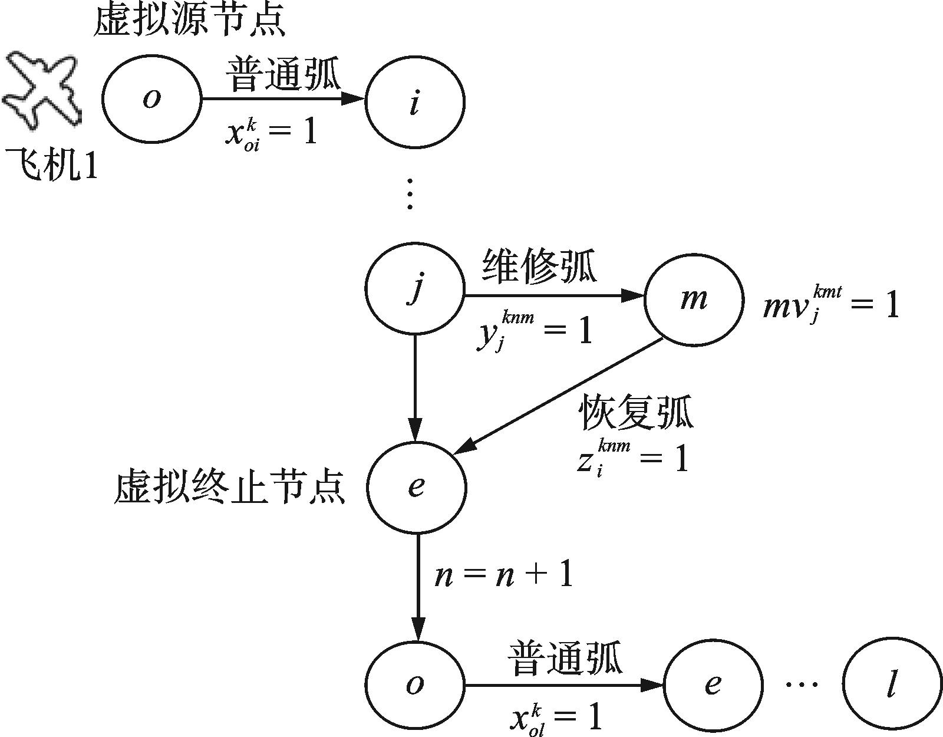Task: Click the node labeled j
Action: pos(415,288)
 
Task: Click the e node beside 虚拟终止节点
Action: pos(416,486)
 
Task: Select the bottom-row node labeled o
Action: pos(415,684)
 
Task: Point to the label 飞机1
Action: pos(52,164)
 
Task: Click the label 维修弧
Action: pos(539,266)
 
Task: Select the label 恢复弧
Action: pos(637,411)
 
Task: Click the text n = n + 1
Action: pos(504,575)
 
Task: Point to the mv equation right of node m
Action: pos(831,304)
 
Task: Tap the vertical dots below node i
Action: pos(410,193)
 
